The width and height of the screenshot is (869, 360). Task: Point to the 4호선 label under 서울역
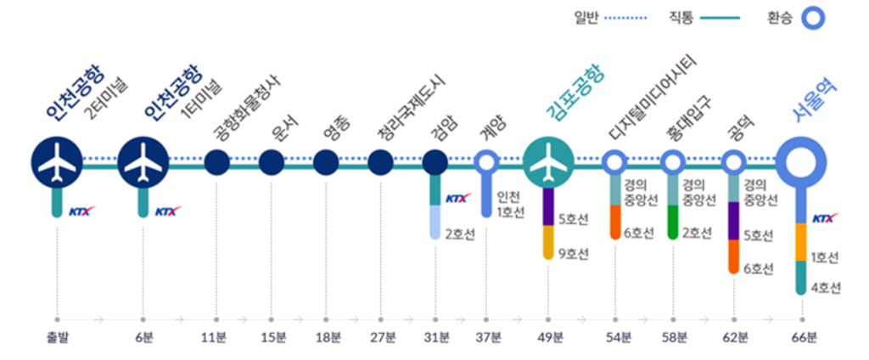pyautogui.click(x=826, y=288)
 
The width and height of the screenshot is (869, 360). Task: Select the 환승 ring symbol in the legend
pyautogui.click(x=812, y=17)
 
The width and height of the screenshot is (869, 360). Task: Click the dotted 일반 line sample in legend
pyautogui.click(x=629, y=17)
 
